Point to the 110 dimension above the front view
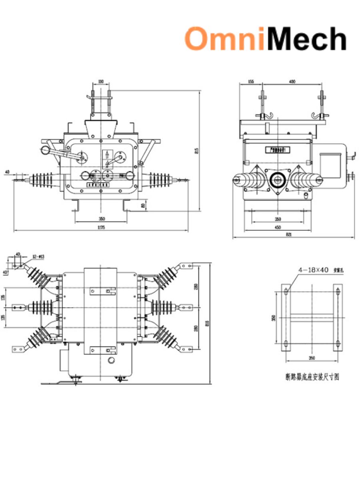click(x=101, y=82)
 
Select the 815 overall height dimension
click(x=196, y=151)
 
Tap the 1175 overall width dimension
click(x=101, y=228)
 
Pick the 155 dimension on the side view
click(x=251, y=82)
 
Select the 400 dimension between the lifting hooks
click(x=292, y=82)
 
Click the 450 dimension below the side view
click(x=278, y=227)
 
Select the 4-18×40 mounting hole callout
click(x=313, y=270)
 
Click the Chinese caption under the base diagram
click(x=312, y=377)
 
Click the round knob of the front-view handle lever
click(x=44, y=150)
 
